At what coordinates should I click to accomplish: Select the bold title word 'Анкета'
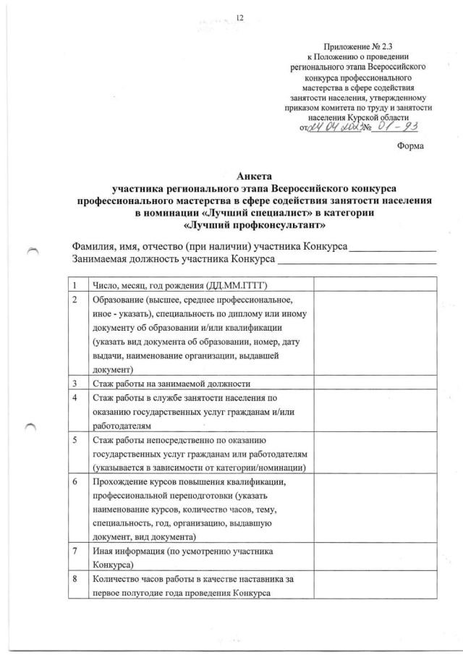pyautogui.click(x=253, y=176)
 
